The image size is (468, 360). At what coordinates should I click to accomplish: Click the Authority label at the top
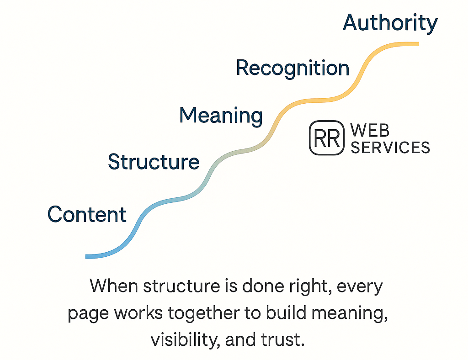click(x=390, y=23)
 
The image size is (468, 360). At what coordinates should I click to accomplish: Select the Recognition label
click(x=292, y=69)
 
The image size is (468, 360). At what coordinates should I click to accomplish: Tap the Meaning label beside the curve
click(x=221, y=115)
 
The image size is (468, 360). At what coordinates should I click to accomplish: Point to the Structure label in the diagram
click(x=154, y=162)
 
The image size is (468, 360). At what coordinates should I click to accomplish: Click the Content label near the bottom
click(x=87, y=214)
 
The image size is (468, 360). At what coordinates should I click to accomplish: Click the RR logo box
click(x=326, y=138)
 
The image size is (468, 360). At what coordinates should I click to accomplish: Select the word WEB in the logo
click(x=370, y=131)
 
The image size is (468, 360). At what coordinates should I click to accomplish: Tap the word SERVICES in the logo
click(x=390, y=147)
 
